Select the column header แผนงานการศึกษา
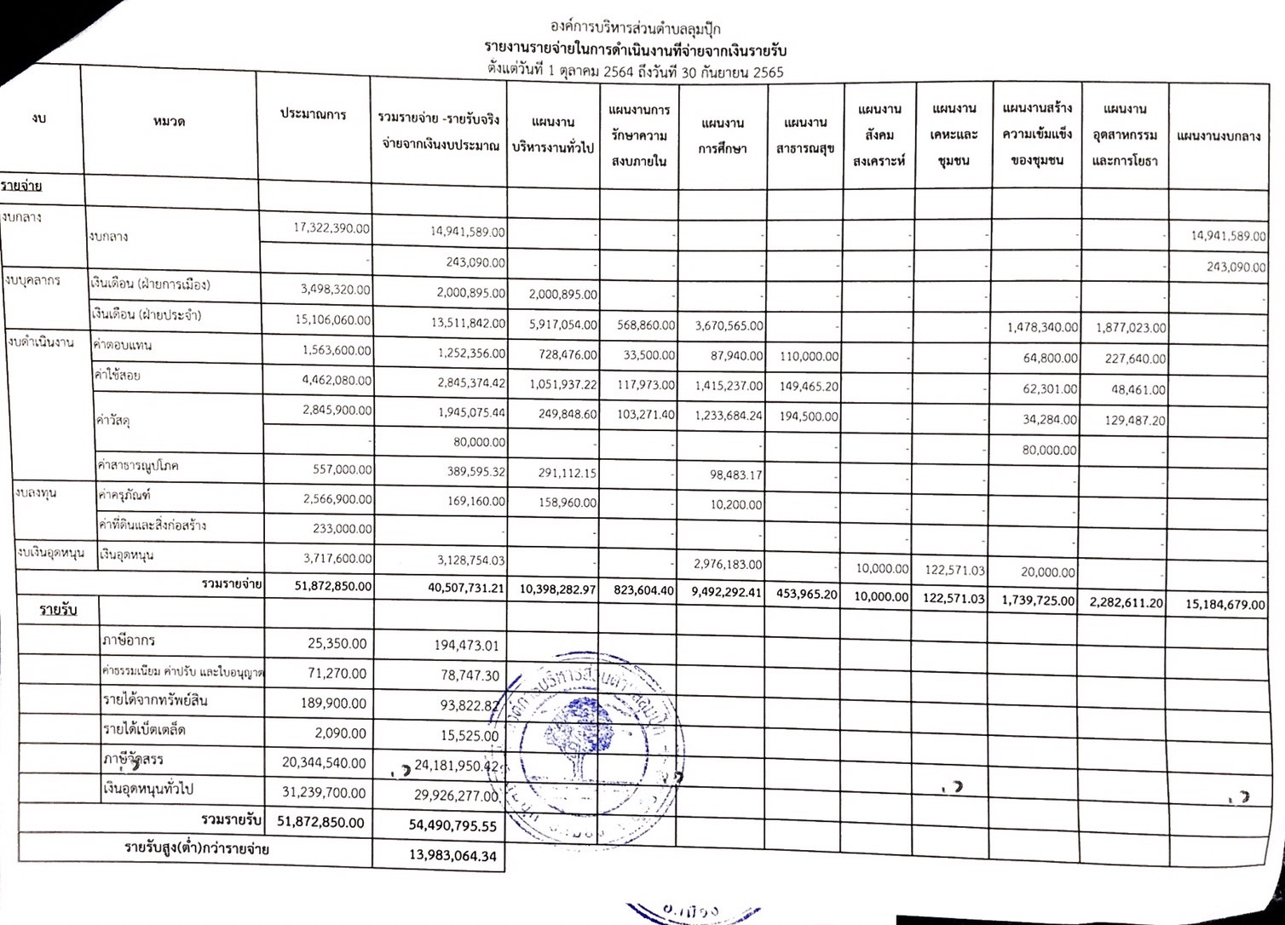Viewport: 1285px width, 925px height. pyautogui.click(x=723, y=135)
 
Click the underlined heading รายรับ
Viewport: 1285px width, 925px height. pyautogui.click(x=58, y=612)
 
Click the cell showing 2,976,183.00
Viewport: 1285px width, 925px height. pyautogui.click(x=726, y=565)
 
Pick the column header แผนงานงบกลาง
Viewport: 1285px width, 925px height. pyautogui.click(x=1218, y=136)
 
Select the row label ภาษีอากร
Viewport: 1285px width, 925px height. pyautogui.click(x=129, y=641)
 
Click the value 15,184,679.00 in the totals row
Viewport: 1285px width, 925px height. pyautogui.click(x=1224, y=605)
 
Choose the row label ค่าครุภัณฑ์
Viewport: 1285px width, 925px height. pyautogui.click(x=125, y=495)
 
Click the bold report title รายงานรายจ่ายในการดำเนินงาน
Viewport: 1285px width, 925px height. pyautogui.click(x=635, y=50)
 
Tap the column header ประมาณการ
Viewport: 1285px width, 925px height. pyautogui.click(x=313, y=114)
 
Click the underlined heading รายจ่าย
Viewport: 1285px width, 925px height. pyautogui.click(x=23, y=186)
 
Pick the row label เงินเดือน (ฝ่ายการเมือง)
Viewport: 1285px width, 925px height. pyautogui.click(x=150, y=284)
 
